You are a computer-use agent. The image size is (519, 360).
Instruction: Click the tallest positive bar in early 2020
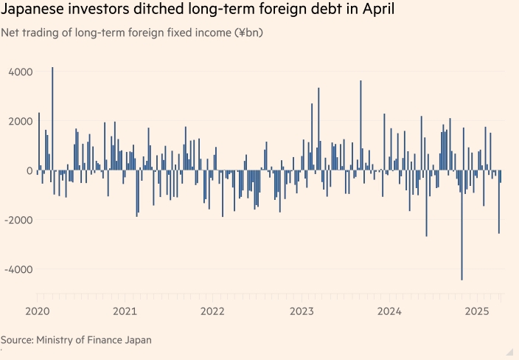pyautogui.click(x=52, y=118)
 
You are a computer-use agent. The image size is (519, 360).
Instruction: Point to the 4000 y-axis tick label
pyautogui.click(x=20, y=72)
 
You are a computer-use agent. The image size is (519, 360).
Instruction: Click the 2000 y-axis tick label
pyautogui.click(x=20, y=121)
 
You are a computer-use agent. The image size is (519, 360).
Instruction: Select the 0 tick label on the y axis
pyautogui.click(x=29, y=170)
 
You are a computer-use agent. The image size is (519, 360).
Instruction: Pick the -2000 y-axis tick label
pyautogui.click(x=18, y=220)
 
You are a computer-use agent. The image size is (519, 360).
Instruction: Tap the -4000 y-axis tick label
pyautogui.click(x=18, y=269)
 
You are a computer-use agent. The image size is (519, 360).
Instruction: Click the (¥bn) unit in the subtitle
pyautogui.click(x=248, y=33)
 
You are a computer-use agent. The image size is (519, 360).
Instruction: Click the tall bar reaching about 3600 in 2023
pyautogui.click(x=360, y=125)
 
